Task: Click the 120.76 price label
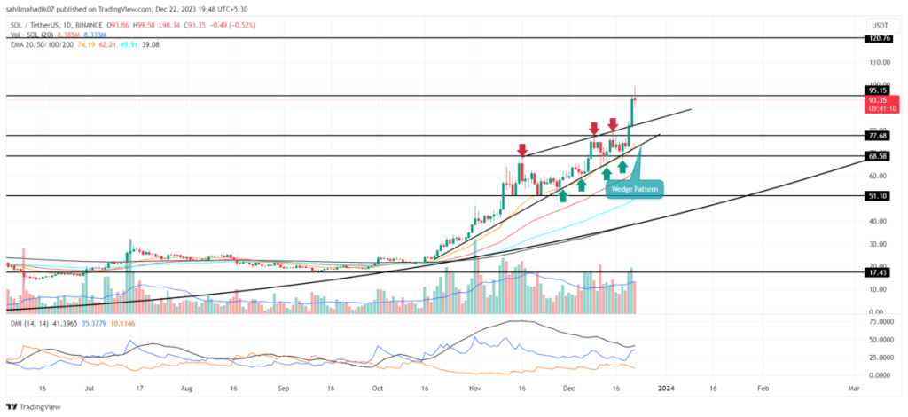880,39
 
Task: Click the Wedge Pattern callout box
635,190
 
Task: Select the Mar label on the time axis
852,388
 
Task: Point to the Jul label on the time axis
89,388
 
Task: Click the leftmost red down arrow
523,150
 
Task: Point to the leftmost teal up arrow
562,193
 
